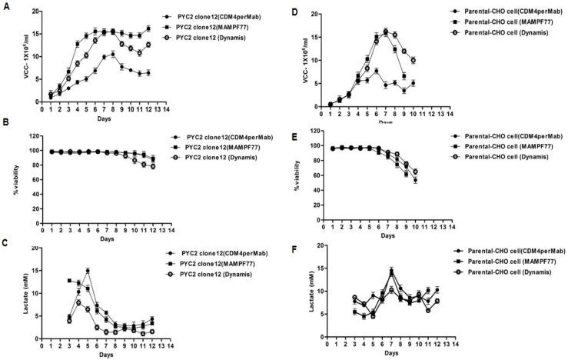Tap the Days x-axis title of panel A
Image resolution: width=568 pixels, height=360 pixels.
point(101,118)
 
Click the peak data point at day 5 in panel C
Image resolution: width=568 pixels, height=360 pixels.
point(88,271)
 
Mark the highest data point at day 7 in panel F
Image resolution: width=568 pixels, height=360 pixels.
point(392,271)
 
